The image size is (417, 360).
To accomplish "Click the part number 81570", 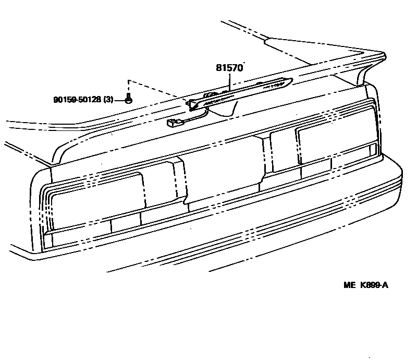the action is point(229,68).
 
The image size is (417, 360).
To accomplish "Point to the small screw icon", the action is point(128,99).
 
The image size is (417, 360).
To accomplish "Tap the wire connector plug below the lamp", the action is point(171,124).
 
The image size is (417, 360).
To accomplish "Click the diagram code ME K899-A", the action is point(366,285).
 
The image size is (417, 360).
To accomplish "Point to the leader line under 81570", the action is point(229,80).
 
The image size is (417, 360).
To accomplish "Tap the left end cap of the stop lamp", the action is point(194,104).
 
